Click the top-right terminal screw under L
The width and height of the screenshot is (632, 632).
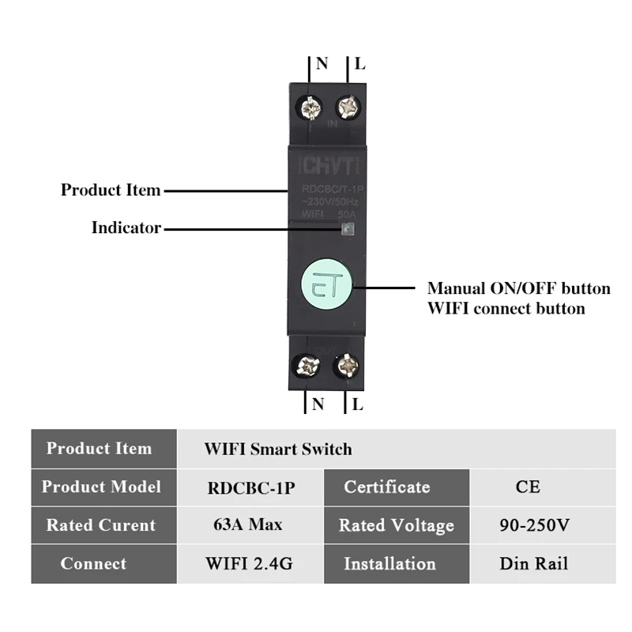point(348,106)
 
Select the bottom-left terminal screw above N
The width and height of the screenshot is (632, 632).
point(307,365)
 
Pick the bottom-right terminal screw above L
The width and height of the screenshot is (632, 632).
point(346,365)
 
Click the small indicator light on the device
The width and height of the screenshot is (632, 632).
point(348,228)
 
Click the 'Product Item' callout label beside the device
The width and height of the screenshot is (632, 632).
point(111,190)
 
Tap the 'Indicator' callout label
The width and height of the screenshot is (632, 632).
point(126,228)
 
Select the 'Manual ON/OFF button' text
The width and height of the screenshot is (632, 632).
point(518,288)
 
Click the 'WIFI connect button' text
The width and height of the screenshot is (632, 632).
point(506,308)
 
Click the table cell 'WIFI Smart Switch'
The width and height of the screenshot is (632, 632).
point(278,449)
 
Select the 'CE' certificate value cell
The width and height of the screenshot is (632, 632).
point(528,487)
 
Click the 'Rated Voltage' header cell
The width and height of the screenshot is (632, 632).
point(397,525)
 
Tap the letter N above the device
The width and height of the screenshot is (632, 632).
point(322,64)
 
